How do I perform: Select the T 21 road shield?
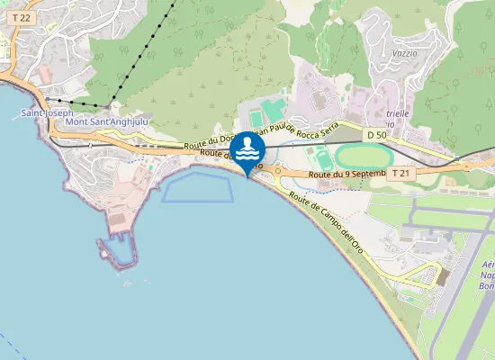[x=401, y=172]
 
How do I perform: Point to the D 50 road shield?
[x=376, y=134]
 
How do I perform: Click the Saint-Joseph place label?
[x=41, y=113]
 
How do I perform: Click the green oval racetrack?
[x=359, y=156]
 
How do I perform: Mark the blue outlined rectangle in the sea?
[x=203, y=188]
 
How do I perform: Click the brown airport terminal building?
[x=442, y=275]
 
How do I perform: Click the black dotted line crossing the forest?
[x=144, y=54]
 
